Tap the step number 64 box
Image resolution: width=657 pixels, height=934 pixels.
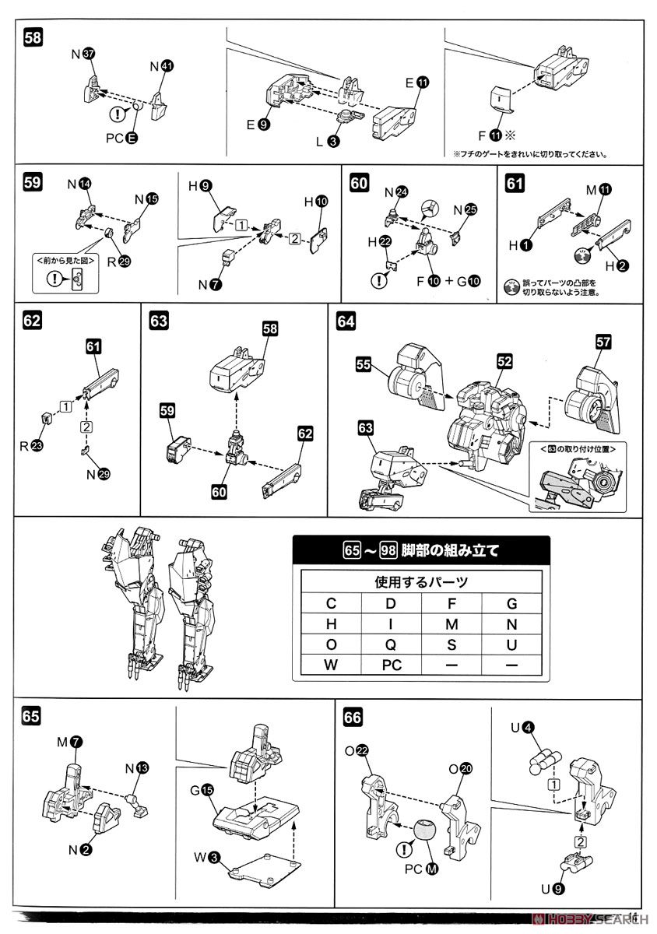(346, 321)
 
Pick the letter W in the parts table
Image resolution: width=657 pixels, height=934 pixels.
(331, 666)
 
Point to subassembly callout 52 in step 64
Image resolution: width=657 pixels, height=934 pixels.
(505, 361)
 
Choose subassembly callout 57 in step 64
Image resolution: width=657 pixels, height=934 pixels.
(603, 340)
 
